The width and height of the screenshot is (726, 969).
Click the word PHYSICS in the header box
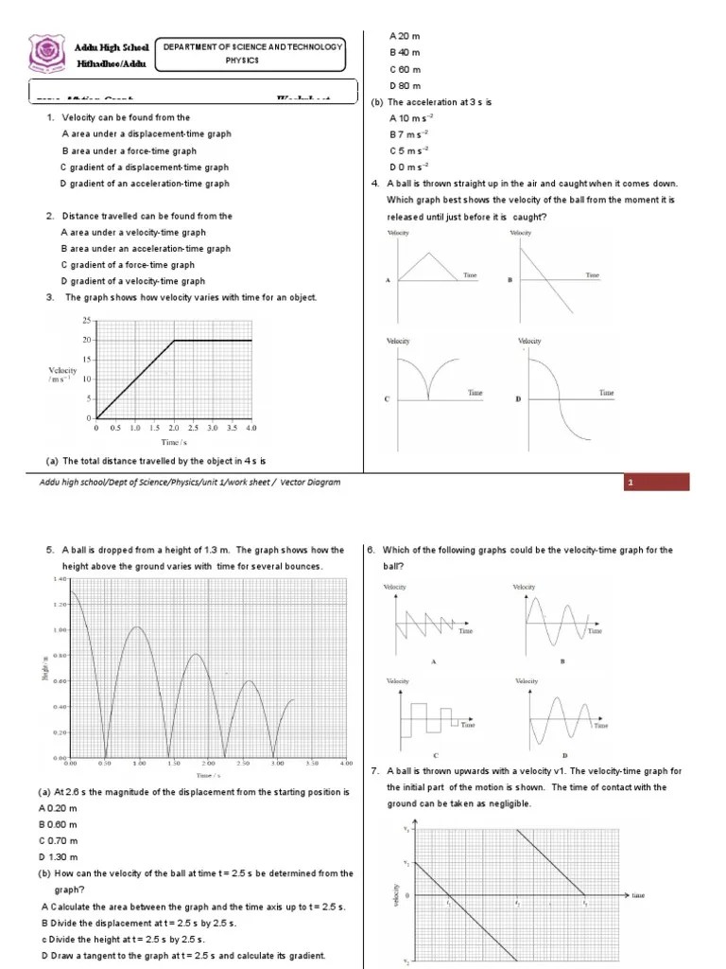pyautogui.click(x=253, y=61)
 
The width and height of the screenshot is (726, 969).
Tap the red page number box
pyautogui.click(x=656, y=484)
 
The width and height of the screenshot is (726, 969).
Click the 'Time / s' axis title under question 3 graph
pyautogui.click(x=172, y=442)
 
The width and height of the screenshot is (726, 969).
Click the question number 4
pyautogui.click(x=375, y=184)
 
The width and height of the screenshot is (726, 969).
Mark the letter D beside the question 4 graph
pyautogui.click(x=518, y=400)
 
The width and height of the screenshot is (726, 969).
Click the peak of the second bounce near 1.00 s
pyautogui.click(x=138, y=627)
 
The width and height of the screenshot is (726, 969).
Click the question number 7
pyautogui.click(x=375, y=771)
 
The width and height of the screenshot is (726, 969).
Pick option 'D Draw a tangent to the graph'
pyautogui.click(x=181, y=955)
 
